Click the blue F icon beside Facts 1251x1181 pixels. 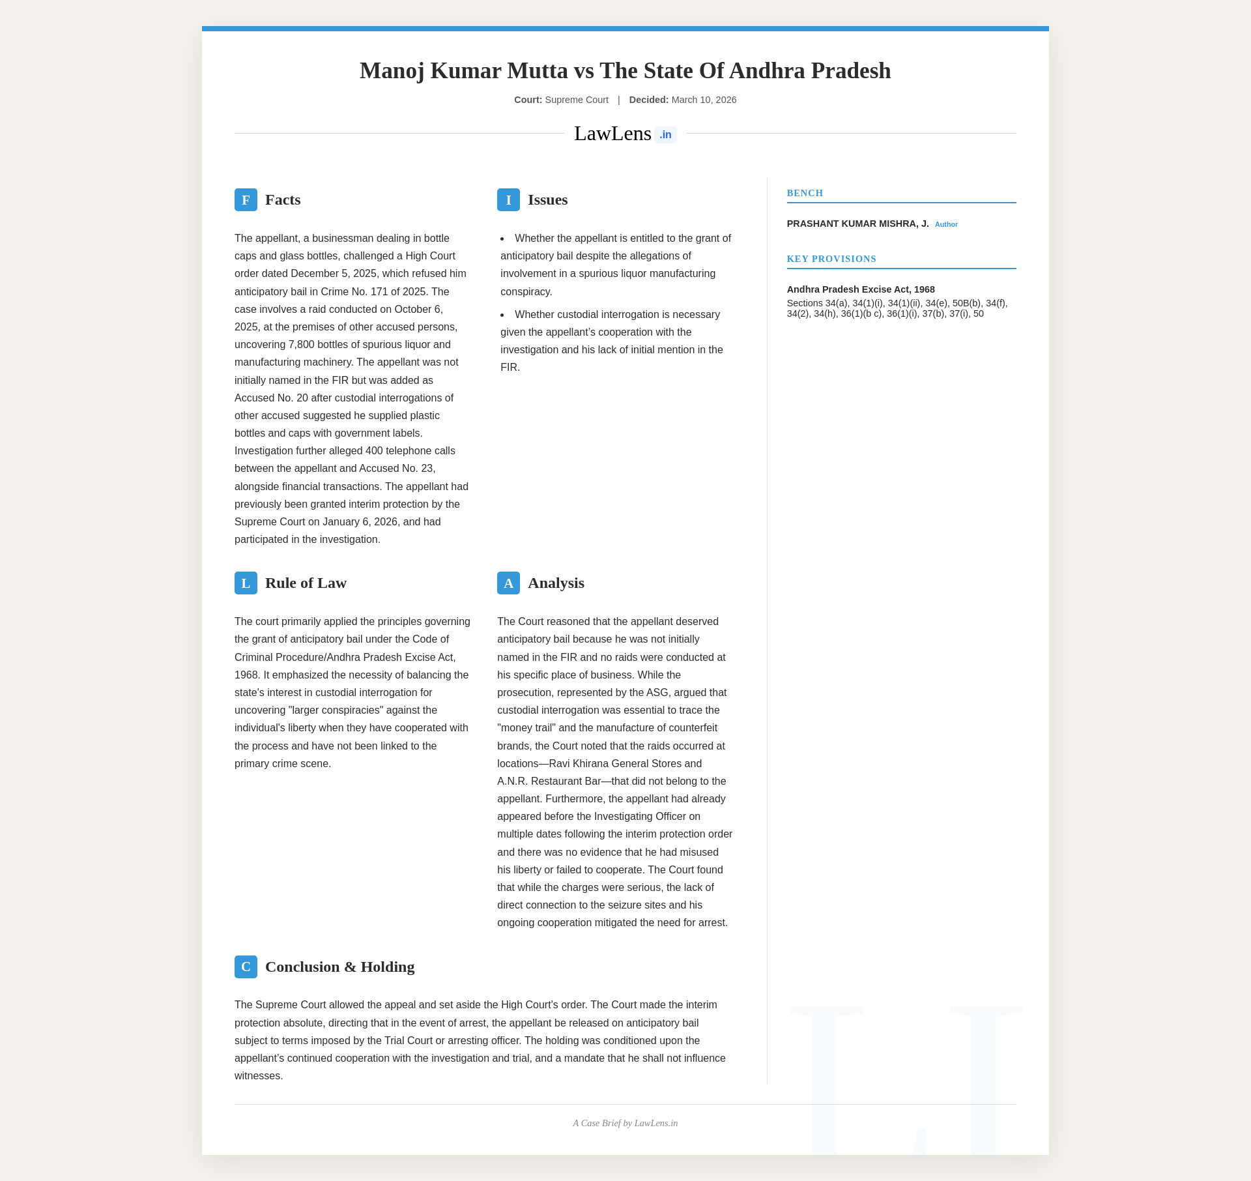coord(246,200)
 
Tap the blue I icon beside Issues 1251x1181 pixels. coord(508,200)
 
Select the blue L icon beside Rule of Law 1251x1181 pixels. coord(246,583)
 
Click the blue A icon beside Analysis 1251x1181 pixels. coord(508,583)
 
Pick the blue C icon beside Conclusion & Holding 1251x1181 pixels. coord(246,967)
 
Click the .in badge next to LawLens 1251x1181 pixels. coord(665,135)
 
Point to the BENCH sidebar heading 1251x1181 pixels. coord(805,194)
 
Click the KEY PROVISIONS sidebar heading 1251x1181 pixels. coord(831,259)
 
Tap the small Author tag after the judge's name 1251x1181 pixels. coord(946,225)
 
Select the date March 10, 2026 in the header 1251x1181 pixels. coord(704,100)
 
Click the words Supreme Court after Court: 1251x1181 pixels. coord(577,100)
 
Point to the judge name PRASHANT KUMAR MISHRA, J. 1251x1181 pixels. coord(857,224)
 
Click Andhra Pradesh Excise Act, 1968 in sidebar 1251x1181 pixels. coord(861,289)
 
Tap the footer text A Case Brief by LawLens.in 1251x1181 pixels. coord(625,1124)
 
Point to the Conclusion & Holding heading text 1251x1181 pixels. coord(339,967)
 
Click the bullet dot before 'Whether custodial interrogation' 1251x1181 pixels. coord(502,315)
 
